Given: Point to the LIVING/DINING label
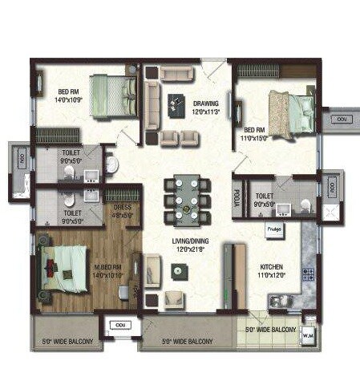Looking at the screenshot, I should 190,241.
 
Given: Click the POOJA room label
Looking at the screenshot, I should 237,197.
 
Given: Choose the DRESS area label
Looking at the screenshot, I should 123,206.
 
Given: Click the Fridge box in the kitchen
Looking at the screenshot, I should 273,228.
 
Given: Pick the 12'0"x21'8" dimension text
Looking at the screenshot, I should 190,249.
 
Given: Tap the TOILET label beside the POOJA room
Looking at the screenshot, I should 265,195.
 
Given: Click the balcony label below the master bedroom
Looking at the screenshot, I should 67,343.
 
